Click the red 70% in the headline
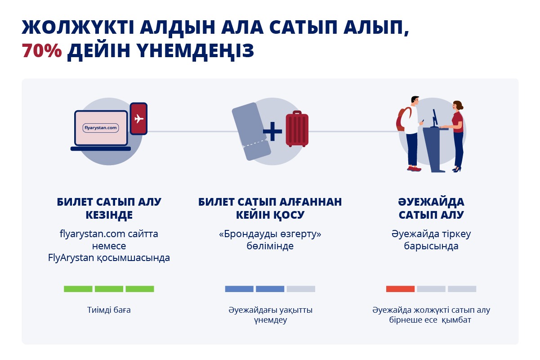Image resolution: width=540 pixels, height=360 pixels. [42, 51]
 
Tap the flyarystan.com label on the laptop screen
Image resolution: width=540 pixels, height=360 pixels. [101, 128]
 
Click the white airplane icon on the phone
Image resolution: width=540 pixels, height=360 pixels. [139, 119]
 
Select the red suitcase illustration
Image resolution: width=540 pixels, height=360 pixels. [297, 129]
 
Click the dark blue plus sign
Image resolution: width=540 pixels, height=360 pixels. [272, 131]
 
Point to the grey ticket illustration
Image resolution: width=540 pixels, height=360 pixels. [251, 131]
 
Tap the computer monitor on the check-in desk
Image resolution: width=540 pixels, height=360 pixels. [435, 118]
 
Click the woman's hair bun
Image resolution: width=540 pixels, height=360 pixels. [461, 106]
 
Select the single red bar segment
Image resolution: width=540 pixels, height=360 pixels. [400, 289]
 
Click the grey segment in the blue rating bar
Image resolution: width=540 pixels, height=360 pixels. [301, 289]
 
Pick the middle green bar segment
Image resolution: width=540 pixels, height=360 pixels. [109, 289]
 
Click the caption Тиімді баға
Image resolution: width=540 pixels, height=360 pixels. [109, 310]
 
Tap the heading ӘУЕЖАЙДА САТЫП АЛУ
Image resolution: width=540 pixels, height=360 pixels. [431, 208]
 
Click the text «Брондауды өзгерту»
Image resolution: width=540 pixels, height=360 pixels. [270, 234]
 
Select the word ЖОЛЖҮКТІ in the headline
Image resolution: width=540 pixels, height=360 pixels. [78, 27]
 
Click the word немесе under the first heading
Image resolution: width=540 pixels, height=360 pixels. [109, 246]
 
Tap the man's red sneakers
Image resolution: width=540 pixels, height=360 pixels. [414, 169]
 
